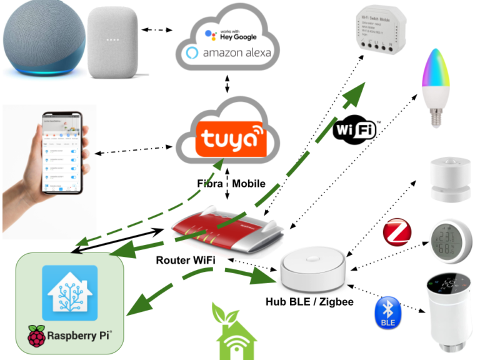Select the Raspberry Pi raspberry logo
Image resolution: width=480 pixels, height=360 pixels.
(37, 337)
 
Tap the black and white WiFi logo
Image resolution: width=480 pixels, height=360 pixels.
(356, 129)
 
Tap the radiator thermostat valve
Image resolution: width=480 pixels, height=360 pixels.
(447, 309)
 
